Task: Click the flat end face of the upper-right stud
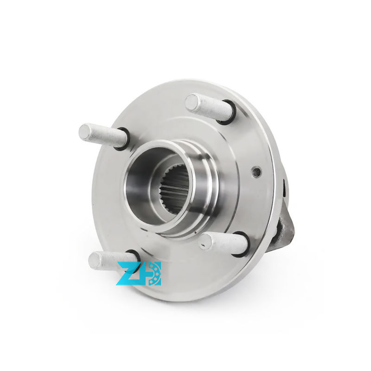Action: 192,102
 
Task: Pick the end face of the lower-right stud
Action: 206,241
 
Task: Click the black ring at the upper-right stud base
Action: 228,112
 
